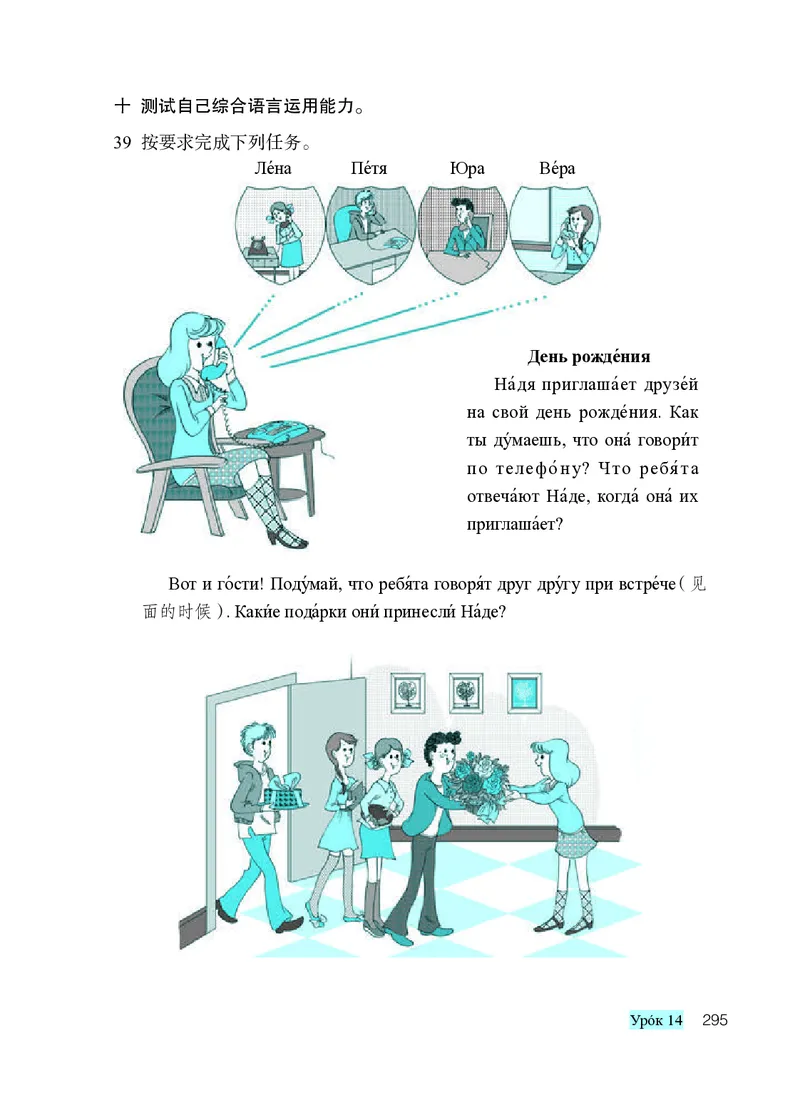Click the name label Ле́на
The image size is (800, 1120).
(273, 169)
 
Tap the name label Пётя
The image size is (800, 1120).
(369, 169)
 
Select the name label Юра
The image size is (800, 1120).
(467, 169)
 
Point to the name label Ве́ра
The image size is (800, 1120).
(557, 169)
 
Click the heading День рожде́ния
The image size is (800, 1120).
(589, 356)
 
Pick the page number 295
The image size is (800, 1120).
(714, 1020)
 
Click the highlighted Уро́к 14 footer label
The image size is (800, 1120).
(656, 1020)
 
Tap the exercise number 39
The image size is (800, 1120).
(122, 142)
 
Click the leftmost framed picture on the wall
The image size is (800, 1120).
(408, 691)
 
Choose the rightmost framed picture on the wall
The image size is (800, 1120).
(524, 691)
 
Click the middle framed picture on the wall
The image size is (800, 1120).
(466, 691)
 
